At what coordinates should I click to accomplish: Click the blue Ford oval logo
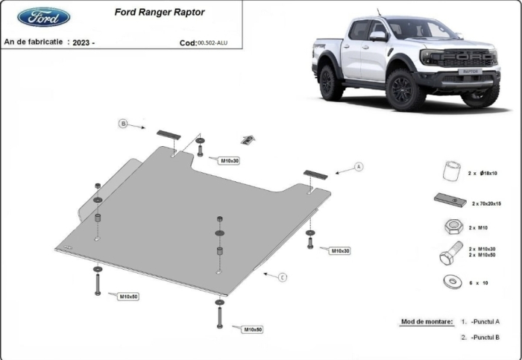(x=44, y=17)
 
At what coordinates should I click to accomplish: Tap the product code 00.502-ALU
(x=213, y=43)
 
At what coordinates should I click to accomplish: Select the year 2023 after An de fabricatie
(x=84, y=43)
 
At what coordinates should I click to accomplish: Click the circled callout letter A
(x=358, y=166)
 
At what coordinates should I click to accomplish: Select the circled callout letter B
(x=124, y=124)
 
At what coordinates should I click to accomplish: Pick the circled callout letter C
(x=283, y=277)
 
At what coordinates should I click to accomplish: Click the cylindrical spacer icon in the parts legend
(x=449, y=171)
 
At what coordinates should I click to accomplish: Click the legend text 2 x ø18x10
(x=482, y=173)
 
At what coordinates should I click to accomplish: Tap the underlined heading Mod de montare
(x=427, y=321)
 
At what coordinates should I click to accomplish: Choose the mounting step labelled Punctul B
(x=485, y=338)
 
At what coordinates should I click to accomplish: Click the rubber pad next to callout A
(x=315, y=174)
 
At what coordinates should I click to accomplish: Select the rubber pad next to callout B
(x=169, y=134)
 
